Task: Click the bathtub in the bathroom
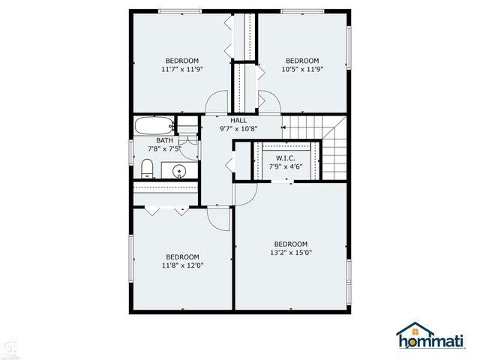click(x=154, y=125)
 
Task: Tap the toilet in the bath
click(x=147, y=168)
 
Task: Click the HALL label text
click(x=238, y=120)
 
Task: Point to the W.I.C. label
click(x=286, y=158)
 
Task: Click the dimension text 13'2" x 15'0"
click(x=291, y=253)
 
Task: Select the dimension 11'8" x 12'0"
click(x=183, y=265)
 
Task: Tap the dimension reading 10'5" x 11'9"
click(x=302, y=69)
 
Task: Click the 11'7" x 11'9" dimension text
click(x=182, y=69)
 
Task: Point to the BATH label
click(x=165, y=140)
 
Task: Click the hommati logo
click(x=430, y=336)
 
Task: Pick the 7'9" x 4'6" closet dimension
click(x=286, y=166)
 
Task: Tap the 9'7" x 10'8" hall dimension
click(x=238, y=129)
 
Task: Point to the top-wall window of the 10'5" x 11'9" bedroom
click(x=302, y=11)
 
